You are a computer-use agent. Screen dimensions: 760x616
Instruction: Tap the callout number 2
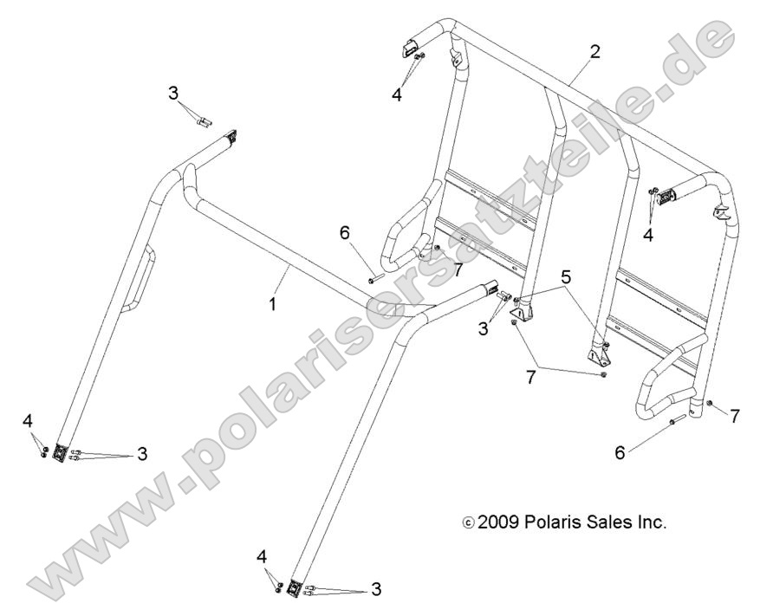pyautogui.click(x=594, y=49)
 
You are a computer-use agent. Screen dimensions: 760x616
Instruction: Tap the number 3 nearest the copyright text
pyautogui.click(x=375, y=589)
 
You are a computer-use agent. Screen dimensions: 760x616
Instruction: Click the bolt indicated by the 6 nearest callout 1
pyautogui.click(x=374, y=278)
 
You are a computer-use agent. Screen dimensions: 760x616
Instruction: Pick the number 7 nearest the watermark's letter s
pyautogui.click(x=457, y=269)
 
